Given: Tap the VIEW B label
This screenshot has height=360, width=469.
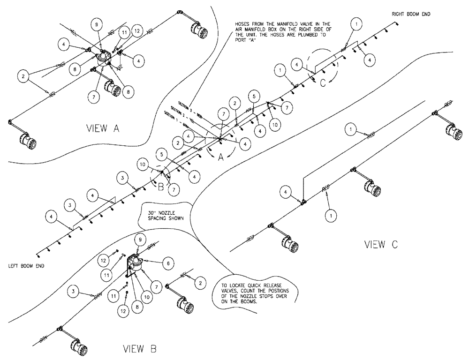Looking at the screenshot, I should coord(140,349).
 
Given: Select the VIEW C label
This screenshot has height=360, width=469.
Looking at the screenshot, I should coord(381,244).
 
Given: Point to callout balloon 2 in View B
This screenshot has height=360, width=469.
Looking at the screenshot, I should coord(200,283).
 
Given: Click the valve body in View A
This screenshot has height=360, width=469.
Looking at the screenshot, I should coord(102,59).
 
